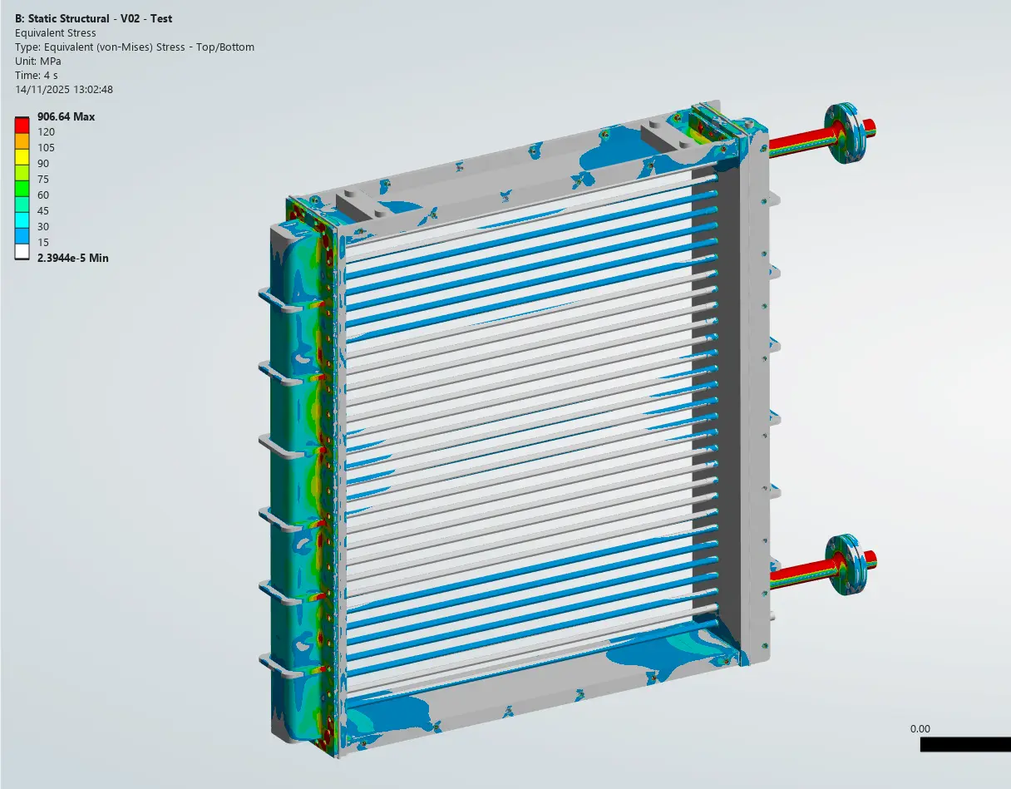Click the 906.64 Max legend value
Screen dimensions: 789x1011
pos(66,117)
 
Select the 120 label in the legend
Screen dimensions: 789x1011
pos(46,132)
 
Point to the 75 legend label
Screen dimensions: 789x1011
pos(43,180)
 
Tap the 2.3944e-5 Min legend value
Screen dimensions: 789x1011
pos(72,259)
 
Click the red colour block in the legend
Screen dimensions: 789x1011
pos(22,125)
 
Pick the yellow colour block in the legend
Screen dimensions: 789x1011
pos(22,155)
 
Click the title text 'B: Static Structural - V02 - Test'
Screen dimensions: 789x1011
pos(94,18)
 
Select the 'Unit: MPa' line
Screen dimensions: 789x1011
pos(38,61)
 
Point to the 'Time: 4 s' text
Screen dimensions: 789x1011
pos(37,75)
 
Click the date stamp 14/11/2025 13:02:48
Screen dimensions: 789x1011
pos(64,89)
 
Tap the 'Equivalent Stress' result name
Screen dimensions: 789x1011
pos(56,32)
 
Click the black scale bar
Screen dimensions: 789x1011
pos(964,745)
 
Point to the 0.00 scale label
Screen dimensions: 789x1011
pos(920,729)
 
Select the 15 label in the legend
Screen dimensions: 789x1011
pos(43,242)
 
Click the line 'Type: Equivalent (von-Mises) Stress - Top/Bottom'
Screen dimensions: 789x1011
pos(135,47)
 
